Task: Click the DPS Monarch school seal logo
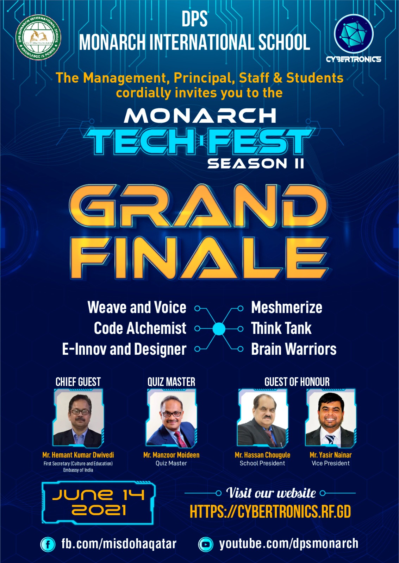pyautogui.click(x=38, y=37)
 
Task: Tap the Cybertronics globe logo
pyautogui.click(x=354, y=34)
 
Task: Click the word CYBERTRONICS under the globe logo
pyautogui.click(x=354, y=59)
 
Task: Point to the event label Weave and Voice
pyautogui.click(x=137, y=308)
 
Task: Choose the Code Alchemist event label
pyautogui.click(x=140, y=328)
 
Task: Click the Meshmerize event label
pyautogui.click(x=287, y=308)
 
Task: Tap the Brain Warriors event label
pyautogui.click(x=294, y=349)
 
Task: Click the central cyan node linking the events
pyautogui.click(x=219, y=329)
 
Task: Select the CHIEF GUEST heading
pyautogui.click(x=78, y=382)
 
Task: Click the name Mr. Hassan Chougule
pyautogui.click(x=262, y=455)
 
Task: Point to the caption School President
pyautogui.click(x=262, y=463)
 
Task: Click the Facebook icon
pyautogui.click(x=48, y=544)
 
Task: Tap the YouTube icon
pyautogui.click(x=206, y=544)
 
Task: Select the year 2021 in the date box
pyautogui.click(x=99, y=511)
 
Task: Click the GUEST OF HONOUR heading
pyautogui.click(x=297, y=382)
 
